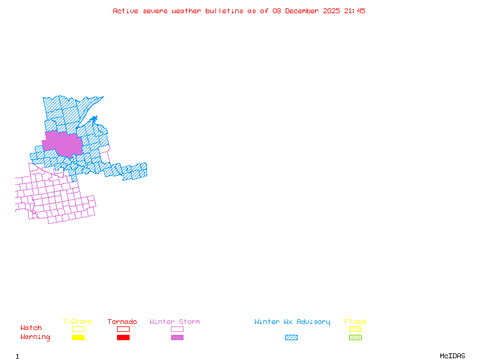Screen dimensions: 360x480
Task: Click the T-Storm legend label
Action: click(x=77, y=322)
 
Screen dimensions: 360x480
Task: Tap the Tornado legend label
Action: click(x=122, y=322)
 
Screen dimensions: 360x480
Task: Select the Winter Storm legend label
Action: click(x=175, y=322)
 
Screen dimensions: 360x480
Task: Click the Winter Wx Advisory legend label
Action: click(x=292, y=322)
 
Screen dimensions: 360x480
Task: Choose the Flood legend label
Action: click(x=355, y=322)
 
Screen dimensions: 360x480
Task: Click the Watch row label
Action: click(x=31, y=328)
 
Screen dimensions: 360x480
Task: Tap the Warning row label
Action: click(x=35, y=337)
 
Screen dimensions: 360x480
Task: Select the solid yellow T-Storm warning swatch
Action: click(x=78, y=338)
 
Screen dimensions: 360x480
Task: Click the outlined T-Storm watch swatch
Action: click(x=78, y=329)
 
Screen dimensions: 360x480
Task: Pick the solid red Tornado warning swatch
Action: click(x=123, y=338)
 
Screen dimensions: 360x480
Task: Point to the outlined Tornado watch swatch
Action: click(x=123, y=329)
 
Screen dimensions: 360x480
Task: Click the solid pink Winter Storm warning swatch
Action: click(x=177, y=338)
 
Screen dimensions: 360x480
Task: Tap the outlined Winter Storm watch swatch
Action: click(x=177, y=329)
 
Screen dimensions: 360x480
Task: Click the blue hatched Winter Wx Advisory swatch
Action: click(x=291, y=338)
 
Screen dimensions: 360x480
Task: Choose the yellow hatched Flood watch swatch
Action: click(x=355, y=329)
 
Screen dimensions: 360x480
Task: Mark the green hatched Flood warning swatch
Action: click(x=355, y=338)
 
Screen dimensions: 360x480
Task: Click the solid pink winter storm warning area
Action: click(x=63, y=144)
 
